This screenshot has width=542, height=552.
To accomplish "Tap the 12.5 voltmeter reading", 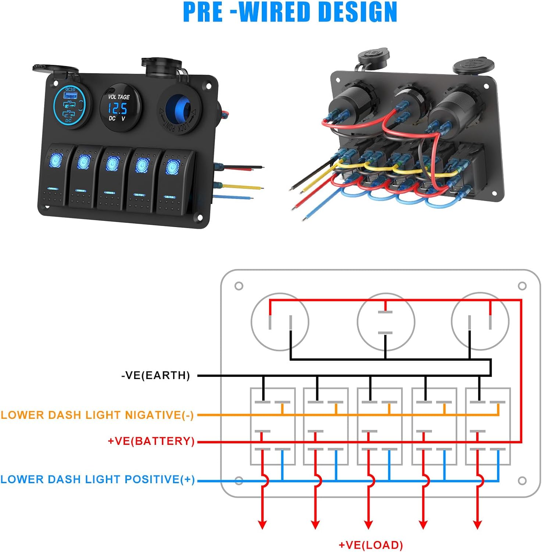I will [x=117, y=109].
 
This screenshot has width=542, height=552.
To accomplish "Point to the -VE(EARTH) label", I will [x=156, y=375].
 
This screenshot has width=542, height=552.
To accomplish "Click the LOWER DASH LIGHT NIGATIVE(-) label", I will [x=97, y=415].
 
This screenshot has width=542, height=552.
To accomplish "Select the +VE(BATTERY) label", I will [x=151, y=441].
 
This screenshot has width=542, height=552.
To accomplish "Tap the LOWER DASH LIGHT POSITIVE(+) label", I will [x=97, y=479].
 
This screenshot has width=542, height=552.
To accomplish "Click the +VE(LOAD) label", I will [x=370, y=545].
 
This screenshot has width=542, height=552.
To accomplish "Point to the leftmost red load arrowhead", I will [x=262, y=524].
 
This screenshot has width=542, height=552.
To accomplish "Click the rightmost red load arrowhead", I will [x=478, y=524].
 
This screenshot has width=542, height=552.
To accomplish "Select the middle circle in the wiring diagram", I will [x=386, y=322].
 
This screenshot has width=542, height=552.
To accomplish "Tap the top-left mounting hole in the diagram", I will [x=239, y=286].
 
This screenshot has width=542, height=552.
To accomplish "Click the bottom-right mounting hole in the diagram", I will [x=522, y=481].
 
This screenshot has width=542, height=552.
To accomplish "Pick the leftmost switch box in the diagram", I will [x=272, y=426].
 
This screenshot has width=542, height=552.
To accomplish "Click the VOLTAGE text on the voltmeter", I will [x=119, y=97].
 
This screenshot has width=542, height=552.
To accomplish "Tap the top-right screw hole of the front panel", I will [x=209, y=86].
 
